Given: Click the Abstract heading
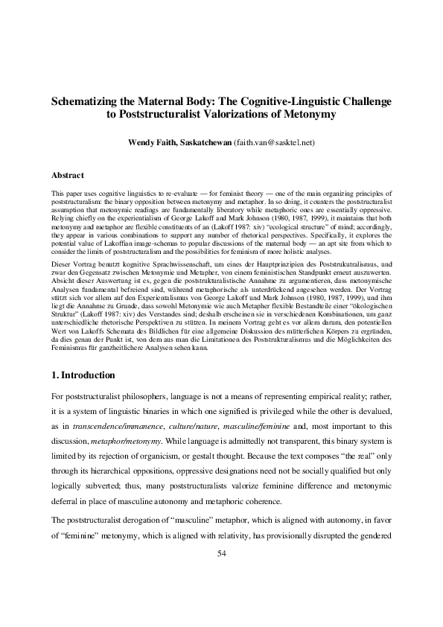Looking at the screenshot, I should pyautogui.click(x=66, y=176).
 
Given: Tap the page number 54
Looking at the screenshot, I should pyautogui.click(x=221, y=553).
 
